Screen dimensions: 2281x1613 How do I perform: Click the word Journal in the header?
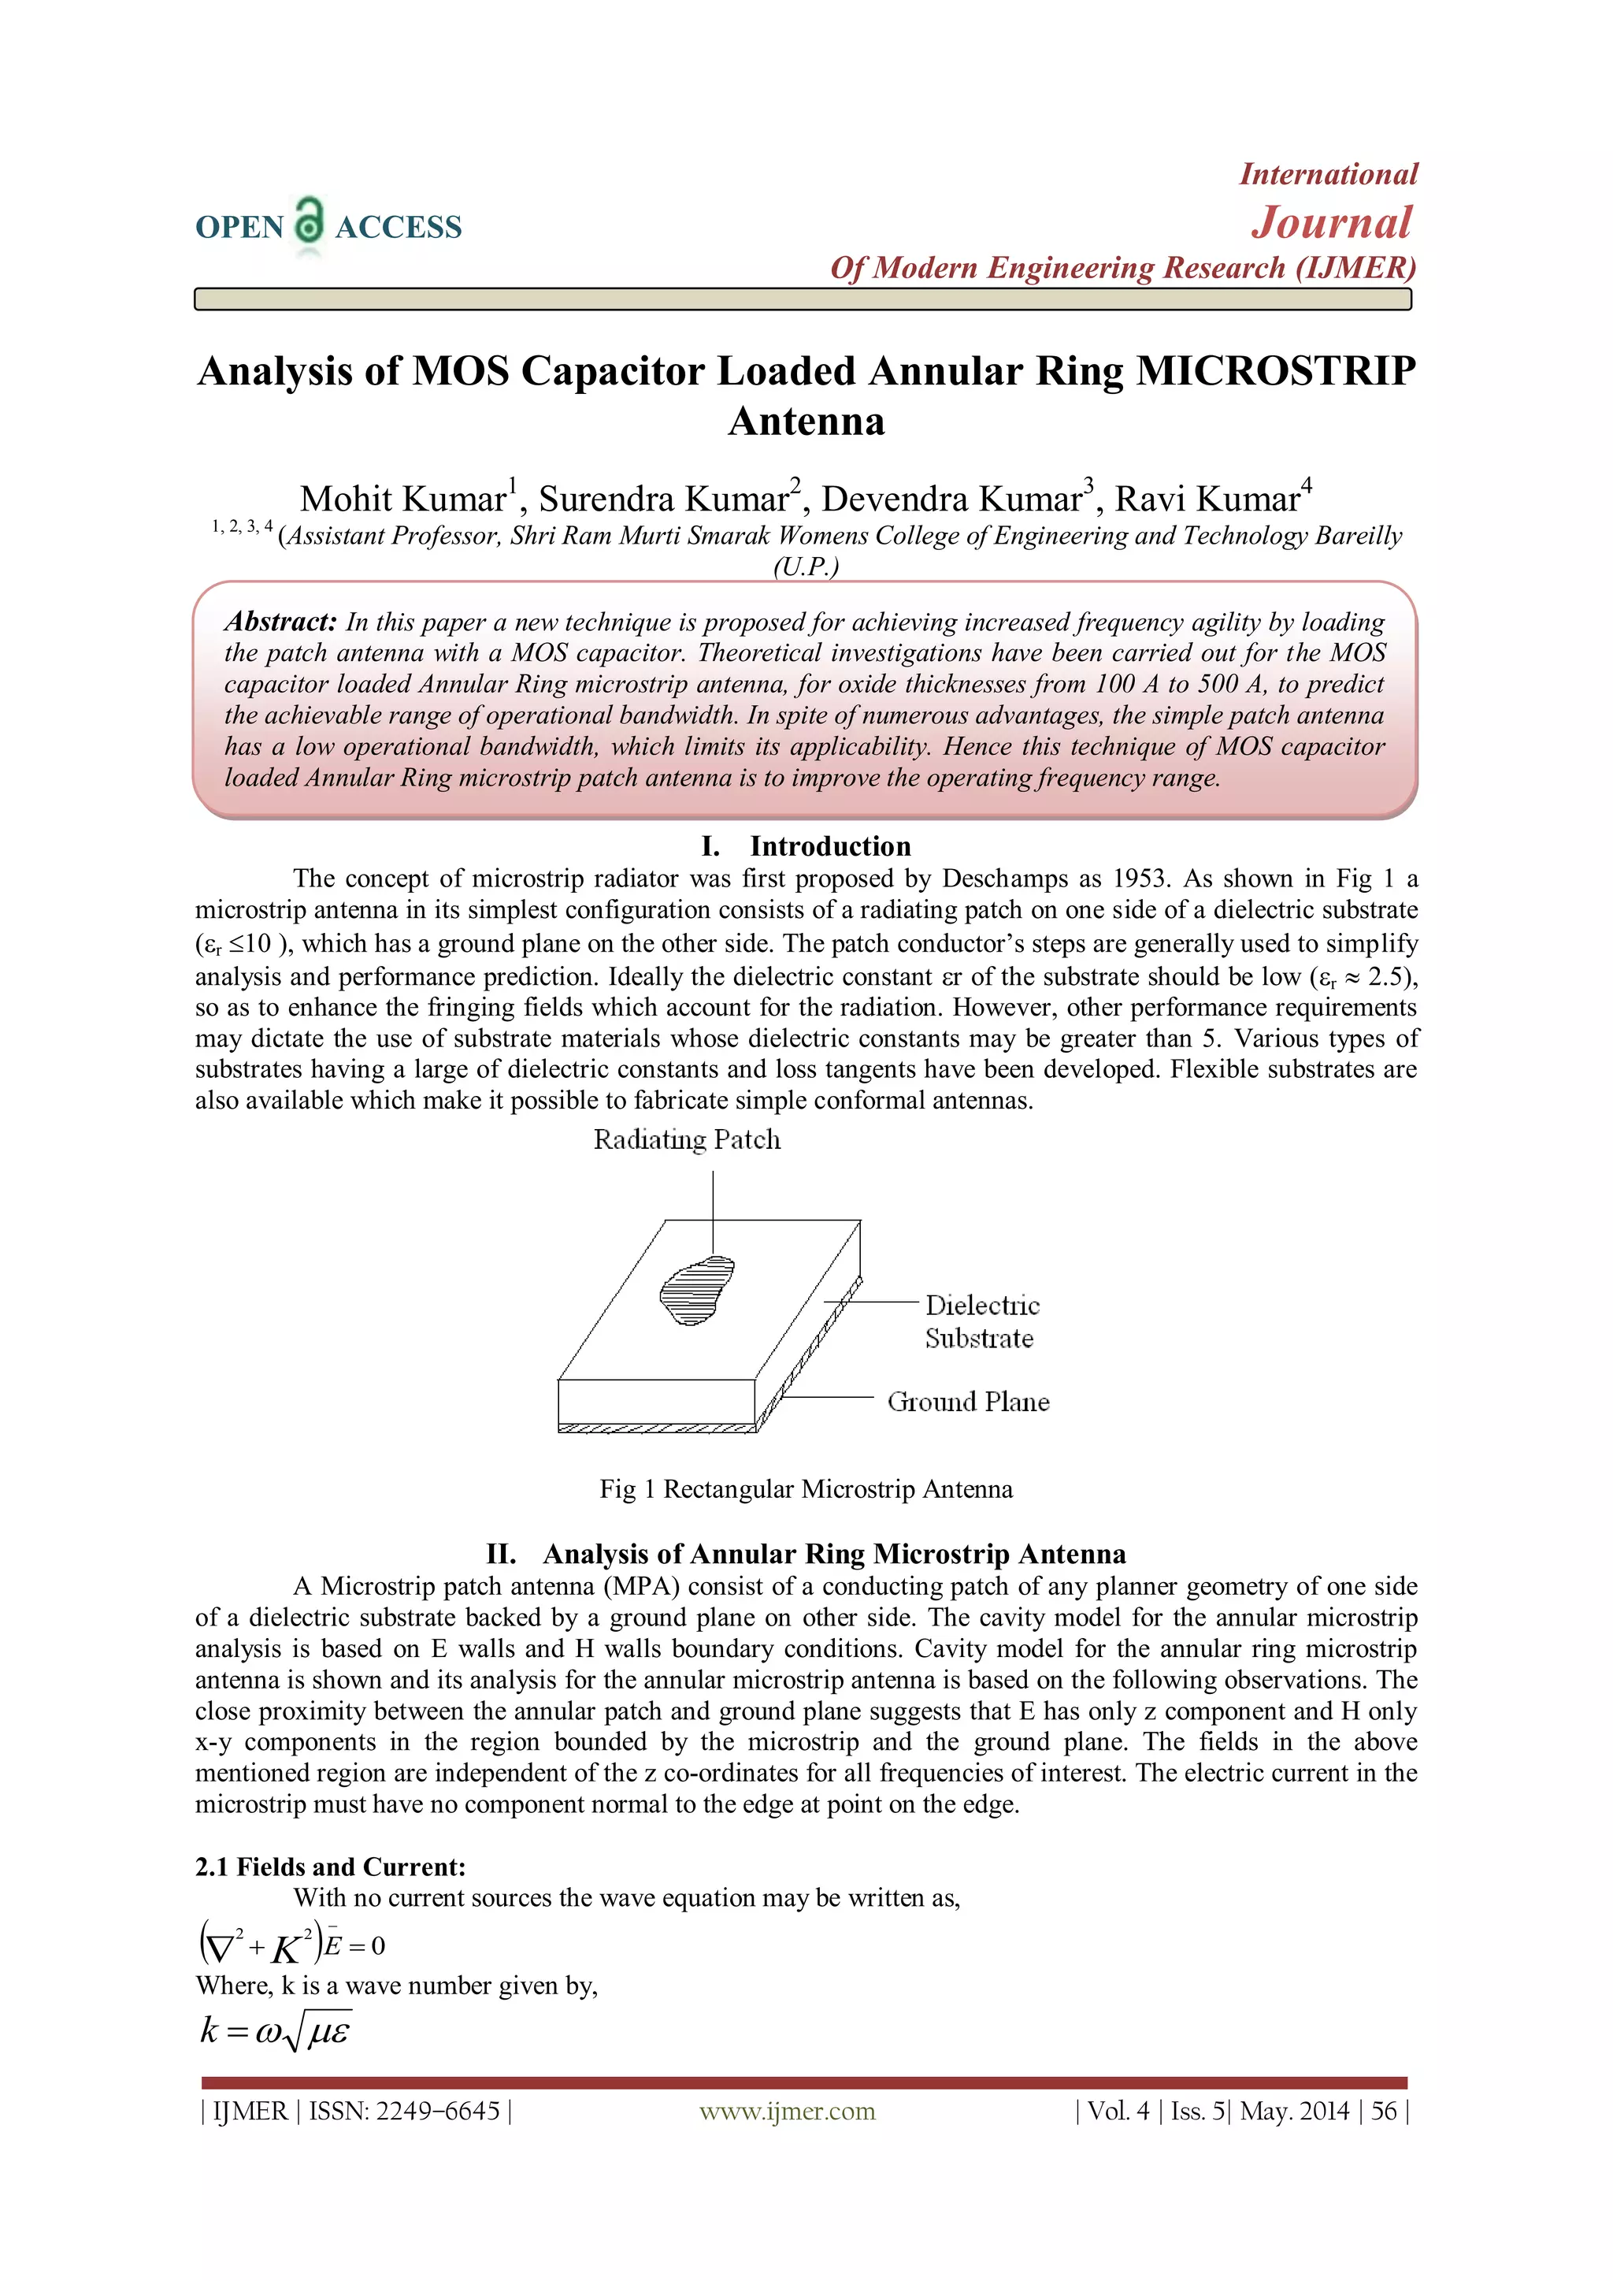pyautogui.click(x=1331, y=222)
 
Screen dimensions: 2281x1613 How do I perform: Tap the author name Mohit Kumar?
pyautogui.click(x=404, y=499)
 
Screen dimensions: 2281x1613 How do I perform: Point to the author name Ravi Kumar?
pyautogui.click(x=1207, y=499)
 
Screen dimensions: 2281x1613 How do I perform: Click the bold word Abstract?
pyautogui.click(x=281, y=622)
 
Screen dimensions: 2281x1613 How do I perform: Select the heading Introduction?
pyautogui.click(x=829, y=845)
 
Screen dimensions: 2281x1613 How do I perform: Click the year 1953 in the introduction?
pyautogui.click(x=1139, y=879)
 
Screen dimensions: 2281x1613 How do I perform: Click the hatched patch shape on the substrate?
pyautogui.click(x=696, y=1291)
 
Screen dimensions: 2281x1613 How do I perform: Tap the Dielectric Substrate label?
pyautogui.click(x=981, y=1321)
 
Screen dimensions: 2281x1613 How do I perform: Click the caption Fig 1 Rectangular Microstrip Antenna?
pyautogui.click(x=806, y=1489)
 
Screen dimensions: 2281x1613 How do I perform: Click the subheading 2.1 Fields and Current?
pyautogui.click(x=330, y=1867)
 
